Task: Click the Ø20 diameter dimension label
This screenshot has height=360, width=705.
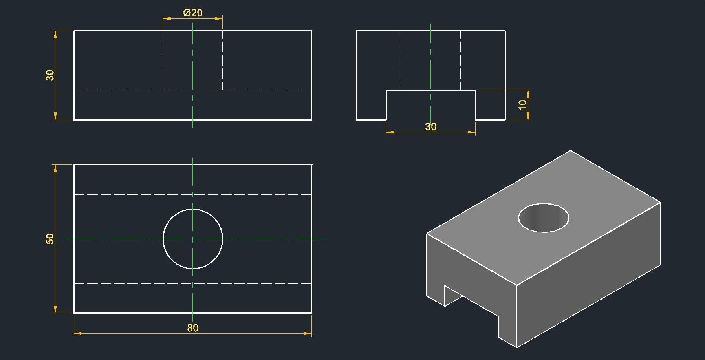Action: (193, 13)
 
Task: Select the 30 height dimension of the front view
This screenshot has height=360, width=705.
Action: (50, 75)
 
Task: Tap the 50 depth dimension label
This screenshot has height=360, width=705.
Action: (50, 239)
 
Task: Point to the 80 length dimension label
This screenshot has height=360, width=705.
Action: (193, 328)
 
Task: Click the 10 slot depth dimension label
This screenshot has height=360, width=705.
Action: (522, 105)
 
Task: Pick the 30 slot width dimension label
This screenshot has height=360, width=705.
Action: (431, 127)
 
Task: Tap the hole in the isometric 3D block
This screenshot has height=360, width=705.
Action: (544, 218)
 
